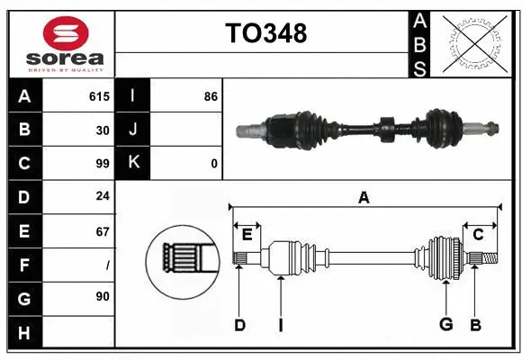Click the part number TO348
pyautogui.click(x=265, y=33)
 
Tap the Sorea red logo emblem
pyautogui.click(x=66, y=35)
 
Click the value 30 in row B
pyautogui.click(x=103, y=130)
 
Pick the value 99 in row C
pyautogui.click(x=102, y=164)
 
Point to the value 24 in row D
pyautogui.click(x=103, y=197)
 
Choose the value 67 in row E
pyautogui.click(x=103, y=231)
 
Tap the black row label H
pyautogui.click(x=24, y=332)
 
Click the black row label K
pyautogui.click(x=133, y=164)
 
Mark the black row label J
pyautogui.click(x=133, y=130)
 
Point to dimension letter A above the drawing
pyautogui.click(x=364, y=198)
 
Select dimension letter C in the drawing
pyautogui.click(x=478, y=236)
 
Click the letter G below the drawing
pyautogui.click(x=445, y=325)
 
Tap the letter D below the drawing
pyautogui.click(x=239, y=325)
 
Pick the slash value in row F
pyautogui.click(x=106, y=265)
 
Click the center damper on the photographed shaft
pyautogui.click(x=386, y=129)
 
